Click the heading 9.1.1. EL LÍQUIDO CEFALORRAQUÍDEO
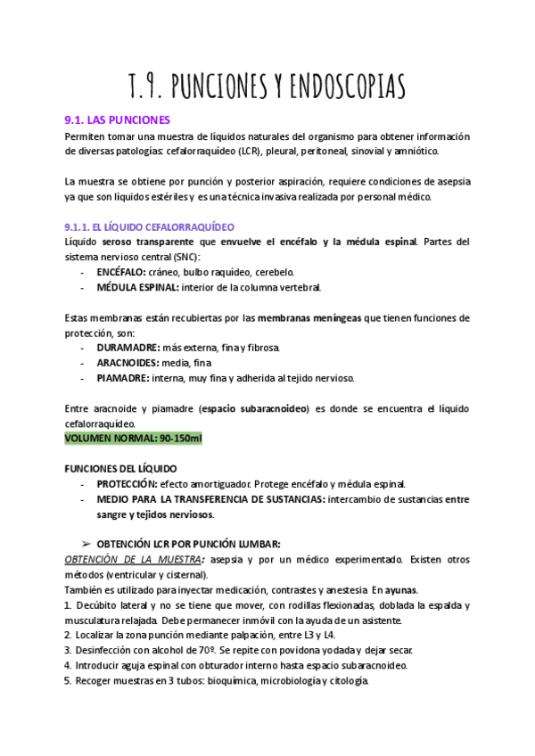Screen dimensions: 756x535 pyautogui.click(x=149, y=227)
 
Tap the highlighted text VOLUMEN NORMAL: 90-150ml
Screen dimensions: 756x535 pyautogui.click(x=134, y=439)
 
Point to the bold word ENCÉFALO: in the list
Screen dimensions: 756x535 pyautogui.click(x=125, y=272)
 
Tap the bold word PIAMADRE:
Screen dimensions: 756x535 pyautogui.click(x=123, y=378)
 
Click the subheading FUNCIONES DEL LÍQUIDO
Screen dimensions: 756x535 pyautogui.click(x=120, y=468)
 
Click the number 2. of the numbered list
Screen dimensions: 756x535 pyautogui.click(x=68, y=635)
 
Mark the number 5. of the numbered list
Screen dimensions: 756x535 pyautogui.click(x=68, y=680)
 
